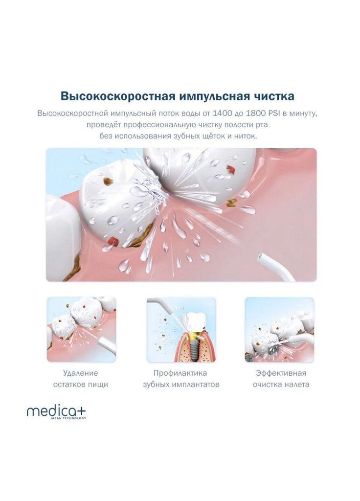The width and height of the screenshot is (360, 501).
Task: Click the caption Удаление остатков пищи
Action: pyautogui.click(x=81, y=379)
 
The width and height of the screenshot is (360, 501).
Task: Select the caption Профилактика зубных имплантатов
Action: pyautogui.click(x=181, y=379)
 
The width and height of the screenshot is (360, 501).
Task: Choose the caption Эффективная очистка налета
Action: pyautogui.click(x=281, y=379)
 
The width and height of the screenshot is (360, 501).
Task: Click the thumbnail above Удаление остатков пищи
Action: pyautogui.click(x=81, y=329)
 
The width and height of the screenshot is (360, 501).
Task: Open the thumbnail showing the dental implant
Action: pyautogui.click(x=181, y=329)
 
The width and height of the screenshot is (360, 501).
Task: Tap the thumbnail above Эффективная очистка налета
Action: pyautogui.click(x=279, y=329)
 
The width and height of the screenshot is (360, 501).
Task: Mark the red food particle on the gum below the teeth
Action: pyautogui.click(x=113, y=241)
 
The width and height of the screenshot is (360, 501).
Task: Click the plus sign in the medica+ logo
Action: pyautogui.click(x=81, y=410)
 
